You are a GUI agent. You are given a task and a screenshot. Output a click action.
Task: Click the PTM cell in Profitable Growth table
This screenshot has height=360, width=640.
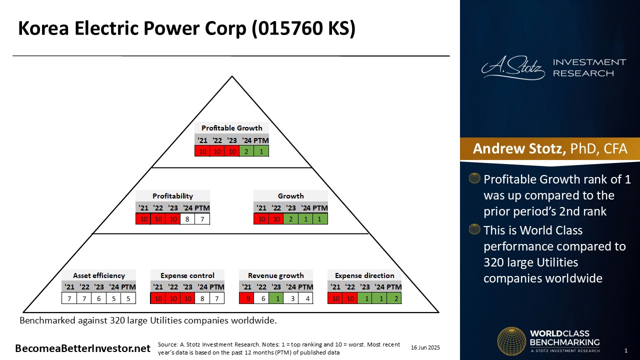[x=261, y=151]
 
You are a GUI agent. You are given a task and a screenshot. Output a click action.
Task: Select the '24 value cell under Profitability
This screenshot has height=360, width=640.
[x=187, y=219]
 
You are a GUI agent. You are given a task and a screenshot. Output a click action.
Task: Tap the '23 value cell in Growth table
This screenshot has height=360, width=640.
[x=291, y=219]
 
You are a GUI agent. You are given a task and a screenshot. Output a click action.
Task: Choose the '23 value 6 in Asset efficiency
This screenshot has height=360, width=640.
[x=99, y=298]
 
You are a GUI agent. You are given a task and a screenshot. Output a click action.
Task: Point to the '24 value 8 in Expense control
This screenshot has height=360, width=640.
[x=202, y=298]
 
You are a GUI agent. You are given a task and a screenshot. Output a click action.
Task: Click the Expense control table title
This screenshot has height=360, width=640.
[x=187, y=275]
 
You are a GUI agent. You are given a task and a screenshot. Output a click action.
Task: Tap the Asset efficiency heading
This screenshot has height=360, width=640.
[x=99, y=275]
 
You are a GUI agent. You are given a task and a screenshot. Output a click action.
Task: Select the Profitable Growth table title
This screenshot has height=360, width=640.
[x=231, y=128]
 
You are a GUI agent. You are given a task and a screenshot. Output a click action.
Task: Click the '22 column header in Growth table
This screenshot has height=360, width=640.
[x=276, y=207]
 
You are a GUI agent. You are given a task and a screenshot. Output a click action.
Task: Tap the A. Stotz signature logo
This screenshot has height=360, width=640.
[x=513, y=67]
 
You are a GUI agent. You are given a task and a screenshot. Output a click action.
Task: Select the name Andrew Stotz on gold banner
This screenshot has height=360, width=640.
[x=519, y=148]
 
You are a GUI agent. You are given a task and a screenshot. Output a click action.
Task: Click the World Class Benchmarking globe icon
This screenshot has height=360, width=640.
[x=511, y=341]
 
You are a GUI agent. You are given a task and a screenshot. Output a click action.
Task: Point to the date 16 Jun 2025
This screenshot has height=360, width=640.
[x=425, y=347]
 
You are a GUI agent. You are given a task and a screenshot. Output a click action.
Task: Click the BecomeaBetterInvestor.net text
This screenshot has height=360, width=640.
[x=82, y=348]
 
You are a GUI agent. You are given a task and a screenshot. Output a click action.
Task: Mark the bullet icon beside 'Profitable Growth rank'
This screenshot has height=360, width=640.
[x=474, y=178]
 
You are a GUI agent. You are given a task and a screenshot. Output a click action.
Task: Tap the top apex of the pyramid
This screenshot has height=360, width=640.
[x=232, y=76]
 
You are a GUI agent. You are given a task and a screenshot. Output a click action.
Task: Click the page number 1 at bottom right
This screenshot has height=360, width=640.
[x=625, y=350]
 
